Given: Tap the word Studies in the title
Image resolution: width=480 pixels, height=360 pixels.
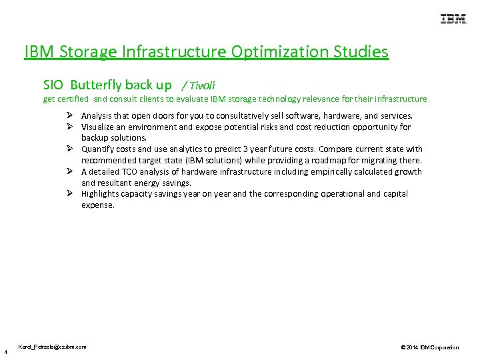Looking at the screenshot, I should click(363, 51).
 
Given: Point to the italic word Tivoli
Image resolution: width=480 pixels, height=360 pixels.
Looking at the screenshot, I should click(202, 85).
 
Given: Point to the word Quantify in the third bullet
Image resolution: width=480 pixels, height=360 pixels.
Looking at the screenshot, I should click(99, 149).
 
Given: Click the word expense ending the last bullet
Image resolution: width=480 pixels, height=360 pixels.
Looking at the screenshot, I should click(98, 205).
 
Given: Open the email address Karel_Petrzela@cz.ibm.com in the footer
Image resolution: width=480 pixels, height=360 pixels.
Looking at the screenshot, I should click(52, 347).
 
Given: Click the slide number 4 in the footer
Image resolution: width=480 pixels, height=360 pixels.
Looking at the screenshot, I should click(5, 351).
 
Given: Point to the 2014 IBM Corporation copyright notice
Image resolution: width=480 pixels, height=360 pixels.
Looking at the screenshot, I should click(430, 347).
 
